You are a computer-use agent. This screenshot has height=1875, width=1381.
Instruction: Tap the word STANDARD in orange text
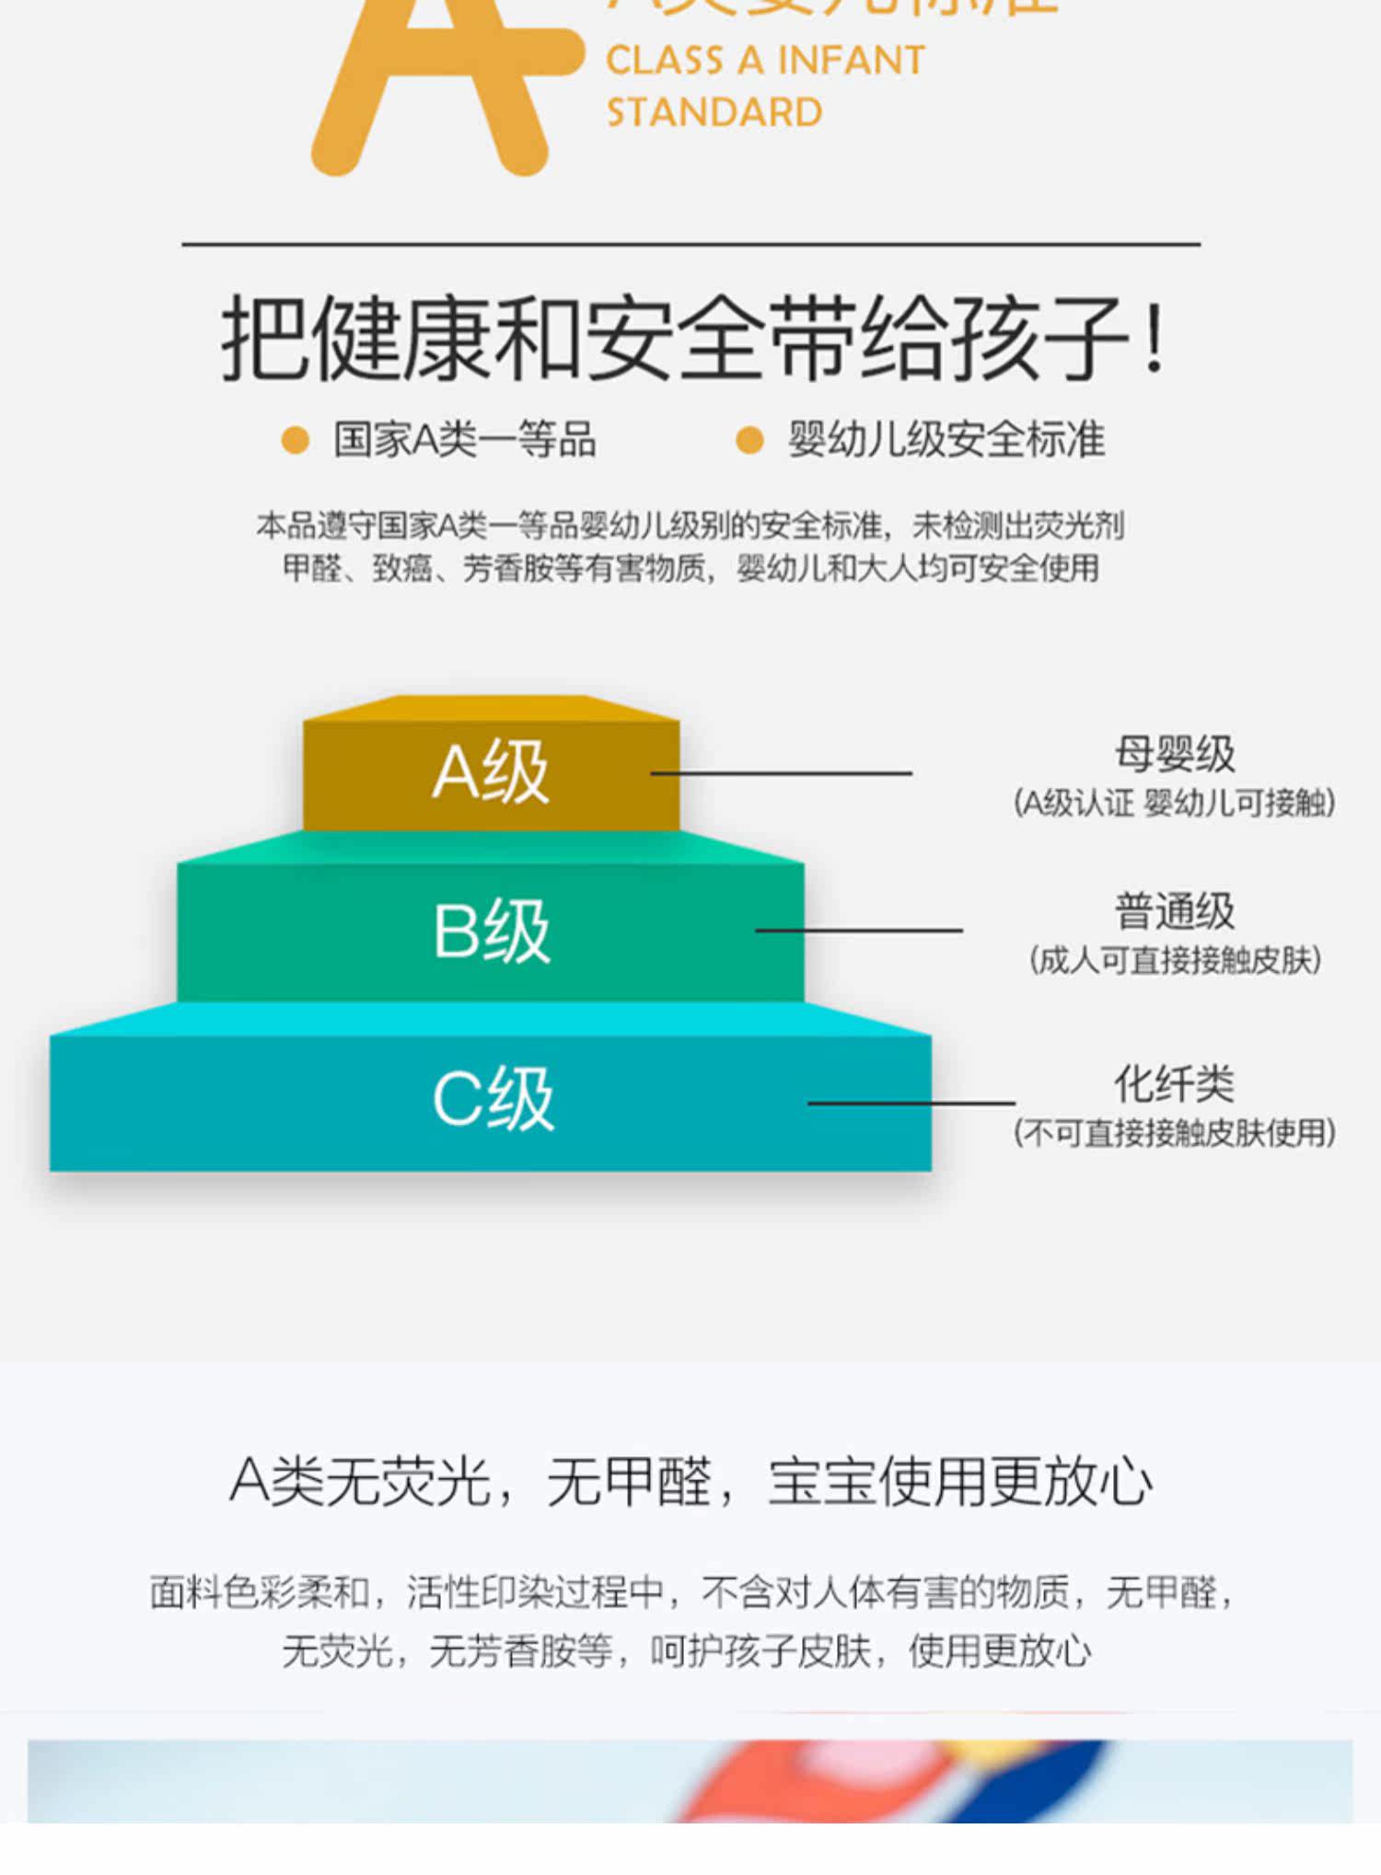pyautogui.click(x=714, y=113)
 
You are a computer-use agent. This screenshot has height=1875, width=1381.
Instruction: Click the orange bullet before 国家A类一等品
pyautogui.click(x=295, y=440)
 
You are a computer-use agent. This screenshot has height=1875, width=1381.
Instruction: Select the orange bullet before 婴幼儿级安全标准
pyautogui.click(x=749, y=440)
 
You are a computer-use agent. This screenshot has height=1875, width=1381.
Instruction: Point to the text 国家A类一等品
pyautogui.click(x=465, y=440)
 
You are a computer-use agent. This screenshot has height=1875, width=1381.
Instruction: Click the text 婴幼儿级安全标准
pyautogui.click(x=946, y=440)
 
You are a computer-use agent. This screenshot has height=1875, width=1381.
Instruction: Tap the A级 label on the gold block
pyautogui.click(x=491, y=772)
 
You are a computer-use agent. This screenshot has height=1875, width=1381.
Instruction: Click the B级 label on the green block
pyautogui.click(x=492, y=931)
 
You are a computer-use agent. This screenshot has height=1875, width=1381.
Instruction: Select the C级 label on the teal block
pyautogui.click(x=493, y=1098)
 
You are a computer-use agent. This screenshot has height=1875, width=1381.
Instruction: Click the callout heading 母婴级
pyautogui.click(x=1175, y=754)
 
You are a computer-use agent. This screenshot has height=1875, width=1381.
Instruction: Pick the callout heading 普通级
pyautogui.click(x=1175, y=911)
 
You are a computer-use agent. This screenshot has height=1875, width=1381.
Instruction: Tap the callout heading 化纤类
pyautogui.click(x=1175, y=1083)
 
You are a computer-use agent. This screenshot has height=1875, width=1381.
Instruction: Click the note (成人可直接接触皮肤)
pyautogui.click(x=1175, y=961)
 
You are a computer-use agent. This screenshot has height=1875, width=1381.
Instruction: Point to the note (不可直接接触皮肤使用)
pyautogui.click(x=1175, y=1133)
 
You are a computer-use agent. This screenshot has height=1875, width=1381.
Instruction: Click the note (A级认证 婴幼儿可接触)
pyautogui.click(x=1175, y=804)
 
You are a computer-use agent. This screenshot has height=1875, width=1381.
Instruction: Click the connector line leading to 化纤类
pyautogui.click(x=911, y=1102)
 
